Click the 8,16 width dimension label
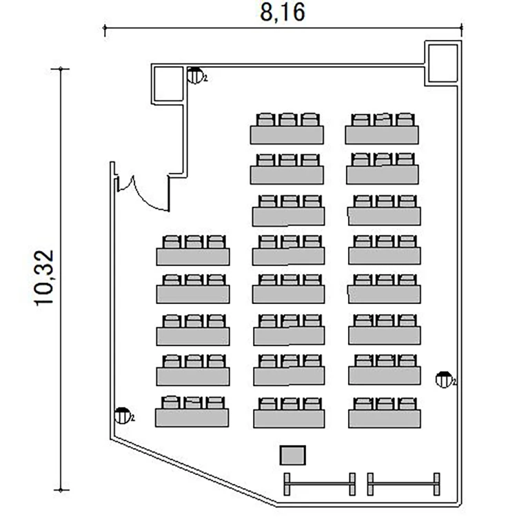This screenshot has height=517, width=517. pos(283,13)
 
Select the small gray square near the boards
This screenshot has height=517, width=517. pos(293,456)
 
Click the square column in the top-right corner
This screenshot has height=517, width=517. pos(443,63)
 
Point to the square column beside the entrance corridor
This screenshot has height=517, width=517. pos(168,84)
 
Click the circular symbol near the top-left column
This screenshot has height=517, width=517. pos(195,76)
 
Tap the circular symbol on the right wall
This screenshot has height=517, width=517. pos(443,380)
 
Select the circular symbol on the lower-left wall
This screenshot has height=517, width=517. pos(122,416)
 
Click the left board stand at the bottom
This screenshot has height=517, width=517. pos(319,484)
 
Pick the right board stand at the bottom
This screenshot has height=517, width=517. pos(403,484)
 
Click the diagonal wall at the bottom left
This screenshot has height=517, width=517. pos(194,471)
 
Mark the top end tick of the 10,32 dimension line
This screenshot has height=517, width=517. pos(61,69)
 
